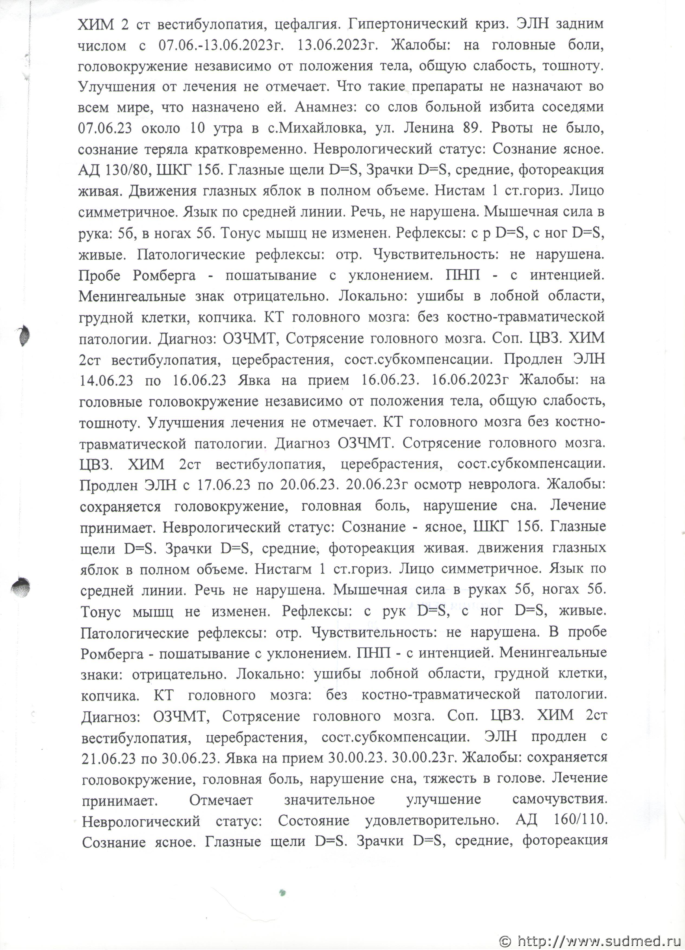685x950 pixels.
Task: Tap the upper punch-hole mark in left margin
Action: [24, 335]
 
